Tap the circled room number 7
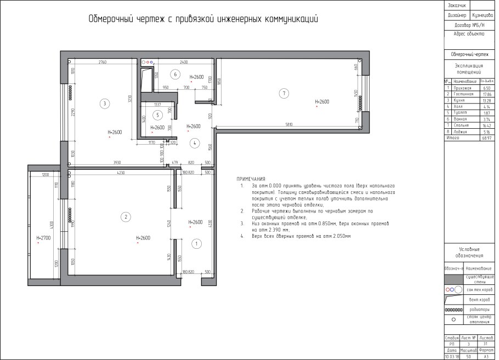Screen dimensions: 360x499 [283, 93]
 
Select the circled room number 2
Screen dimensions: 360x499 [126, 217]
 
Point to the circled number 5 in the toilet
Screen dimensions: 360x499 [157, 115]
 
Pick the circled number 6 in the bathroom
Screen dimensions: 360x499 [175, 74]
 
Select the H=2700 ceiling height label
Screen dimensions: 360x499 [43, 238]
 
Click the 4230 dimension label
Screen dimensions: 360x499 [120, 173]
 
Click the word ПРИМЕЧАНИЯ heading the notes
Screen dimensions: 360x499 [251, 179]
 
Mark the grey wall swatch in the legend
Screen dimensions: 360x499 [453, 279]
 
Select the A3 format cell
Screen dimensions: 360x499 [486, 356]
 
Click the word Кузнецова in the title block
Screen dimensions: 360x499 [483, 16]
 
